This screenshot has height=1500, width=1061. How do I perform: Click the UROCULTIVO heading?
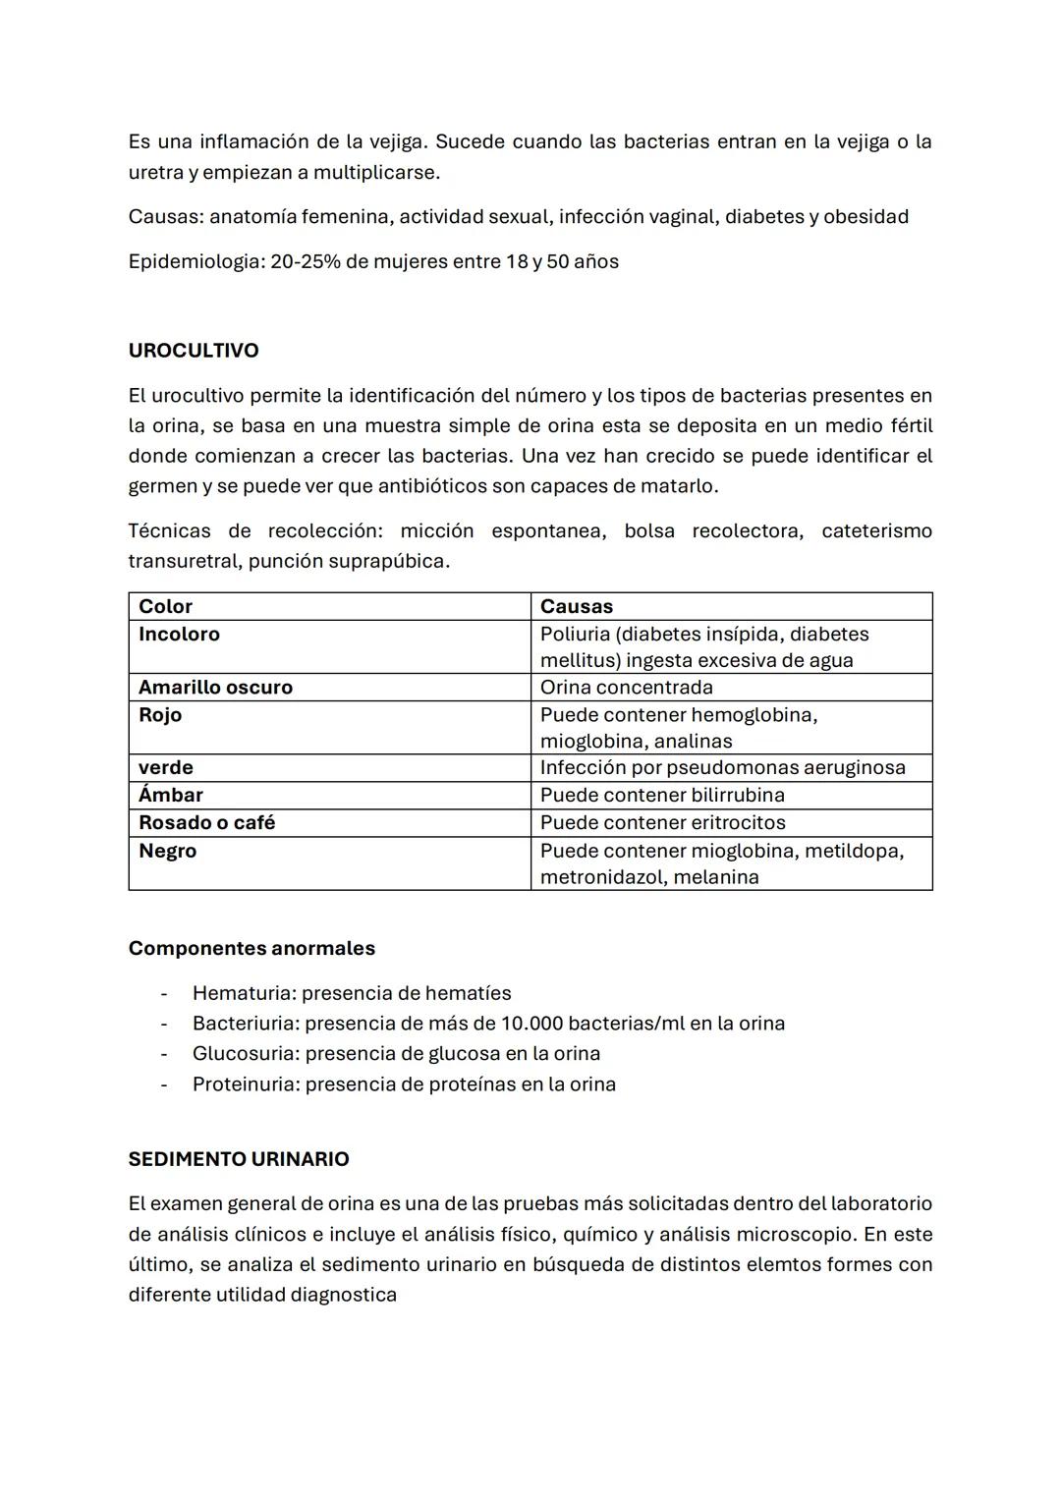(x=194, y=351)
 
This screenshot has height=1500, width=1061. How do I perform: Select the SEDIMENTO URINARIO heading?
(x=239, y=1159)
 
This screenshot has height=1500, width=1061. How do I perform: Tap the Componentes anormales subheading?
(x=251, y=948)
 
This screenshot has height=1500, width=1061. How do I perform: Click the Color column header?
(x=165, y=606)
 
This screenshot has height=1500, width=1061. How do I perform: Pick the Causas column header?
(x=577, y=606)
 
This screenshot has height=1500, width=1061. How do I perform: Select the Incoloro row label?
(x=179, y=634)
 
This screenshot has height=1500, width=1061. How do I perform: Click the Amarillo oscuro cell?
(x=215, y=687)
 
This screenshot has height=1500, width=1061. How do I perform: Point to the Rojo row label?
(x=160, y=714)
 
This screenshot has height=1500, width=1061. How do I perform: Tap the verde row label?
(x=166, y=767)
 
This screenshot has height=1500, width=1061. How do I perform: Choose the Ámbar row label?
(x=171, y=795)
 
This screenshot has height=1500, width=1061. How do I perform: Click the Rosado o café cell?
(x=206, y=822)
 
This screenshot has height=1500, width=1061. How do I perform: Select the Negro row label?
(x=167, y=851)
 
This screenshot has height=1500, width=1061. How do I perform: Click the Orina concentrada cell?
(x=627, y=687)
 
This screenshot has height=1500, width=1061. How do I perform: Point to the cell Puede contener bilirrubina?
(x=662, y=795)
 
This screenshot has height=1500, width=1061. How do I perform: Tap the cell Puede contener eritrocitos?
(x=663, y=822)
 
